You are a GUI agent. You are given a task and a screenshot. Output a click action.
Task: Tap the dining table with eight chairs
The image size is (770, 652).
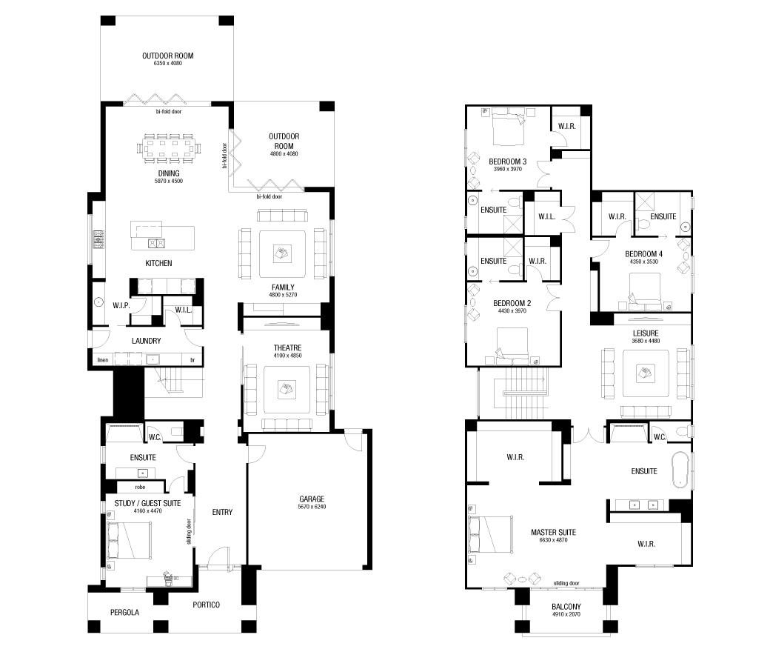pyautogui.click(x=171, y=148)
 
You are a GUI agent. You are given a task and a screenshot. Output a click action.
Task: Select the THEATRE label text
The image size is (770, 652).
pyautogui.click(x=287, y=347)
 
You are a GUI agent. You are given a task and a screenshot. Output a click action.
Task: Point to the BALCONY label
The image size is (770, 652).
pyautogui.click(x=566, y=605)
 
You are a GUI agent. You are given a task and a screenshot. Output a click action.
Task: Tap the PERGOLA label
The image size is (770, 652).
pyautogui.click(x=124, y=612)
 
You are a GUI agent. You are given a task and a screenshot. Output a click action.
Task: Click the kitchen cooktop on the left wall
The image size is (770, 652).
pyautogui.click(x=98, y=240)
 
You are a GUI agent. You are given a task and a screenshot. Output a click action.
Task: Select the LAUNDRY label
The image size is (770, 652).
pyautogui.click(x=146, y=341)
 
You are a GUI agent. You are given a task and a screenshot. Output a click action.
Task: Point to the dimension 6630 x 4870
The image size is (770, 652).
pyautogui.click(x=553, y=541)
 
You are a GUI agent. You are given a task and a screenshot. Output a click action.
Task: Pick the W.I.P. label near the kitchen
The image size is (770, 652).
pyautogui.click(x=121, y=305)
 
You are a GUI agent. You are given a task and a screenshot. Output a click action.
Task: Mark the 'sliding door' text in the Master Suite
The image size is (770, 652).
pyautogui.click(x=566, y=582)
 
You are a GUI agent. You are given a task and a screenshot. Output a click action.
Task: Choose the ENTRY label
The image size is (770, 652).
pyautogui.click(x=222, y=512)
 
